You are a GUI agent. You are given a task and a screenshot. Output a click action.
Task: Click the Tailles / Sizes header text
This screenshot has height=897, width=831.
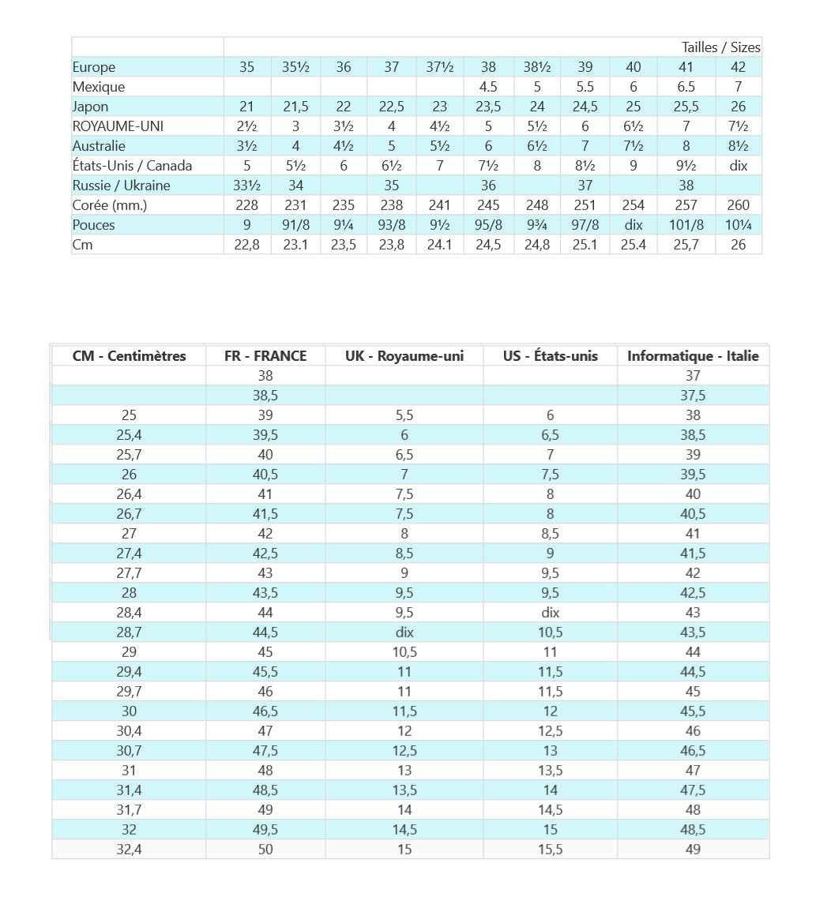tap(720, 47)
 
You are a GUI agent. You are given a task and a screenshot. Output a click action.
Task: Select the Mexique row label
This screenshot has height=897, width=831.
tap(99, 87)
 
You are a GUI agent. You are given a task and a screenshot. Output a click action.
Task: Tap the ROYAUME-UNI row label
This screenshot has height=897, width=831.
tap(118, 126)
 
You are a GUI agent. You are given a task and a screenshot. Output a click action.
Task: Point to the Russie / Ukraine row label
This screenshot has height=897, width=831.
tap(121, 186)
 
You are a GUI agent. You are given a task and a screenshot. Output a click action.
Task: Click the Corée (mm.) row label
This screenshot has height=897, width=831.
tap(110, 205)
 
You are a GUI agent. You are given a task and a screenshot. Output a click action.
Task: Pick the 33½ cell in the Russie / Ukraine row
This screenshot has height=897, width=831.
tap(247, 186)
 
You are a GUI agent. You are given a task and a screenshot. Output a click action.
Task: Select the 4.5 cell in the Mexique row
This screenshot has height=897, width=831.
tap(488, 87)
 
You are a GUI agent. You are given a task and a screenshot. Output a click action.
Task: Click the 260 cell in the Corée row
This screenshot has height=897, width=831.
tap(738, 205)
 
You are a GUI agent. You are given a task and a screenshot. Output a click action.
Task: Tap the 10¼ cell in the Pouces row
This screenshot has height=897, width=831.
tap(738, 225)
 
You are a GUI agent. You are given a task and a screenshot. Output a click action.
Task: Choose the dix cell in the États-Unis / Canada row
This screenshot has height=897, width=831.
tap(738, 166)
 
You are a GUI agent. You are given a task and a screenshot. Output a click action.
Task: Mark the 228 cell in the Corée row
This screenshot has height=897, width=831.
tap(247, 205)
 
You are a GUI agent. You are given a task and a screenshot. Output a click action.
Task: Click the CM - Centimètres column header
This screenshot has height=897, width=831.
tap(129, 356)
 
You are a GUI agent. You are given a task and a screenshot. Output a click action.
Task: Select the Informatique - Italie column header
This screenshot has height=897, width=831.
tap(693, 356)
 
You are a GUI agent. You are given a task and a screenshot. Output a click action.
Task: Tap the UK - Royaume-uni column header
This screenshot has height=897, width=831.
tap(404, 356)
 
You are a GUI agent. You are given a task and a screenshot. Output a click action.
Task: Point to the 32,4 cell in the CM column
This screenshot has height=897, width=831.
tap(129, 850)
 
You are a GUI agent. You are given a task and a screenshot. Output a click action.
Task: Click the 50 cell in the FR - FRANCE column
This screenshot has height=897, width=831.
tap(265, 850)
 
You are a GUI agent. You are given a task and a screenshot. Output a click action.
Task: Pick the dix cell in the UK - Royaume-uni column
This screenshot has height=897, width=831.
tap(404, 632)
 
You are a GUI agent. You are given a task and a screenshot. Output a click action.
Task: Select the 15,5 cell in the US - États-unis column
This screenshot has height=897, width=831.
tap(550, 850)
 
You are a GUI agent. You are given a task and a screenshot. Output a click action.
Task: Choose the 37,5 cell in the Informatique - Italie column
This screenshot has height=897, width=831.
tap(693, 396)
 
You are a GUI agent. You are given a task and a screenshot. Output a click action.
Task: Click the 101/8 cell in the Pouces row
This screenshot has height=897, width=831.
tap(686, 225)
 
